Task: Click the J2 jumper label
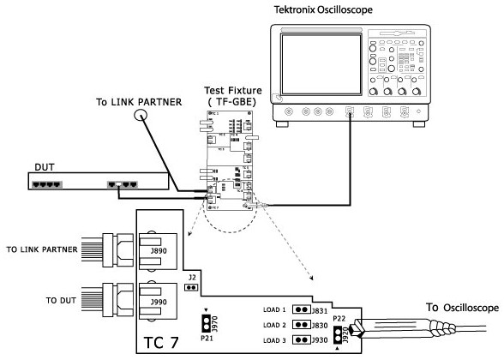193,278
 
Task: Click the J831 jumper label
320,309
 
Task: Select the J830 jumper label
320,325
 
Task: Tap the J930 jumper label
320,340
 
